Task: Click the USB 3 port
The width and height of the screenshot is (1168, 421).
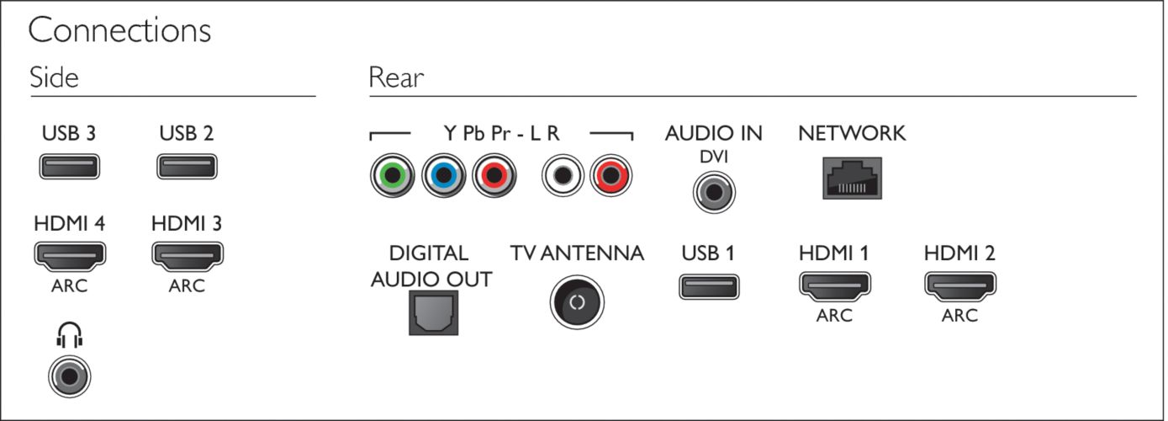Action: [69, 167]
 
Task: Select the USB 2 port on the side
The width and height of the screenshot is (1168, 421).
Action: [187, 167]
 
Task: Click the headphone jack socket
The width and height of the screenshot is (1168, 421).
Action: [69, 376]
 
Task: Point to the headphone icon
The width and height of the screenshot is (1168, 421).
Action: [69, 335]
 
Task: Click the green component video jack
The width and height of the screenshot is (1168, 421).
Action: [392, 175]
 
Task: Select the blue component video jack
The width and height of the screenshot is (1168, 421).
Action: [443, 175]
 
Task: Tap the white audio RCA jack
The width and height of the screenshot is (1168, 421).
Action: [563, 175]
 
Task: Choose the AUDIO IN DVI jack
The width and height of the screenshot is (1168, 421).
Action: [714, 192]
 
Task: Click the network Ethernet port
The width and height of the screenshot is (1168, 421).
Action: [852, 179]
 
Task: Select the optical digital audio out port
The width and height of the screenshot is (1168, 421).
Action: [433, 313]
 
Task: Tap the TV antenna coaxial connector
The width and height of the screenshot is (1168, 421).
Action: [577, 302]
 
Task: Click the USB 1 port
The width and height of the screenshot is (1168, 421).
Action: [709, 287]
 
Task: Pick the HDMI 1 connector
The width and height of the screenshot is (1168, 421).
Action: [835, 286]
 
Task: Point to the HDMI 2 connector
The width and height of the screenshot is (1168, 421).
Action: [960, 286]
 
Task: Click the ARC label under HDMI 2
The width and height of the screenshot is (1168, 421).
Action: [959, 316]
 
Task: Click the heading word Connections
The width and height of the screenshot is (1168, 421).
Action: [119, 30]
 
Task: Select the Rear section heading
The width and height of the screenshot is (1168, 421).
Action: [396, 77]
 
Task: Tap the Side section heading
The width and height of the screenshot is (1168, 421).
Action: [54, 77]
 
